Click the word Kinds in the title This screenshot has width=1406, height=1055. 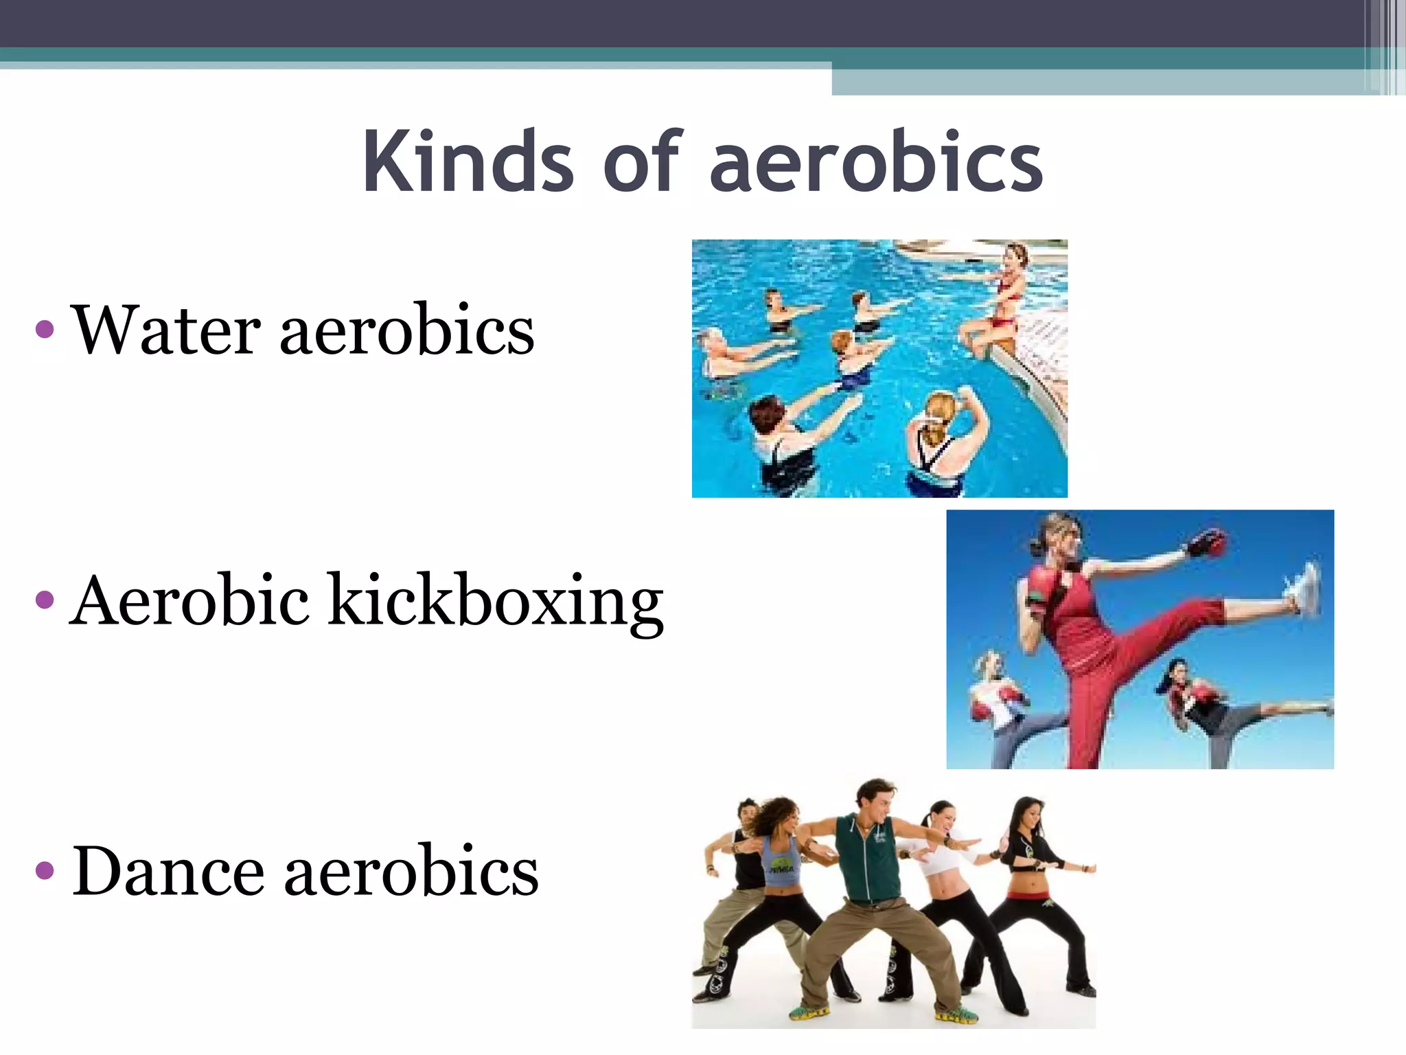tap(467, 162)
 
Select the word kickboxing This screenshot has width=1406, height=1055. tap(495, 602)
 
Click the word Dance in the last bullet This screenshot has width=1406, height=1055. tap(168, 871)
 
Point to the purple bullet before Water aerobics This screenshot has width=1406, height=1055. tap(45, 330)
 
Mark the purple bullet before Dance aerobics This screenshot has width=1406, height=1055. tap(45, 871)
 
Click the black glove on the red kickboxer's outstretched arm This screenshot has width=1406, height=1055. tap(1206, 543)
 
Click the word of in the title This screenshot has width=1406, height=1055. tap(641, 162)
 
